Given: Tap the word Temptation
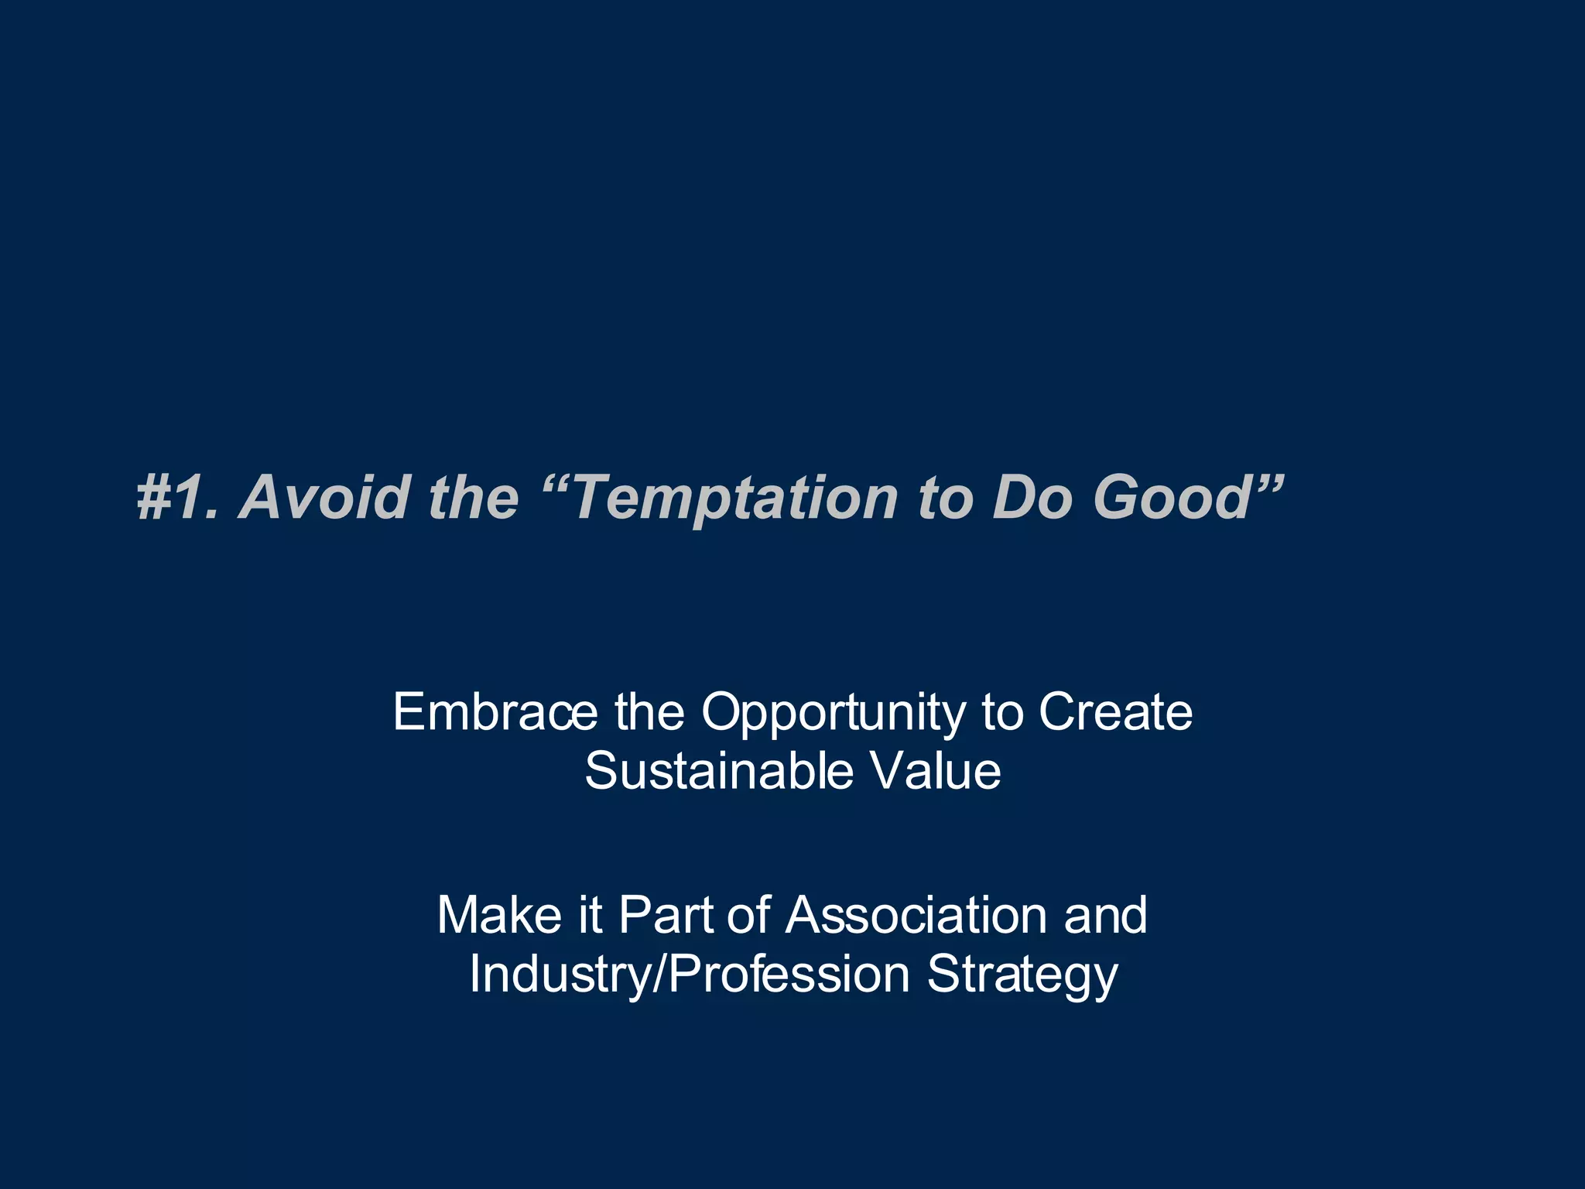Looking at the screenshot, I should [x=735, y=497].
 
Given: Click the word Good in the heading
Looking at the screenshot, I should [x=1172, y=497].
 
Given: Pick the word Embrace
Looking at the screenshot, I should [x=495, y=711].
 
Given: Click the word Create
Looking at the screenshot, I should [x=1115, y=711].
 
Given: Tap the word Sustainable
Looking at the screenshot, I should [x=718, y=771].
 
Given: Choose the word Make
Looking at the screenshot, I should [x=499, y=915].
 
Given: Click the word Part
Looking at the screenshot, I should [x=666, y=915].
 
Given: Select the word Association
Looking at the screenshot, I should [x=916, y=915].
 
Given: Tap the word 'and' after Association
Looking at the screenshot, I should [x=1105, y=915].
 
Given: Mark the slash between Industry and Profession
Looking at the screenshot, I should [x=659, y=974].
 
